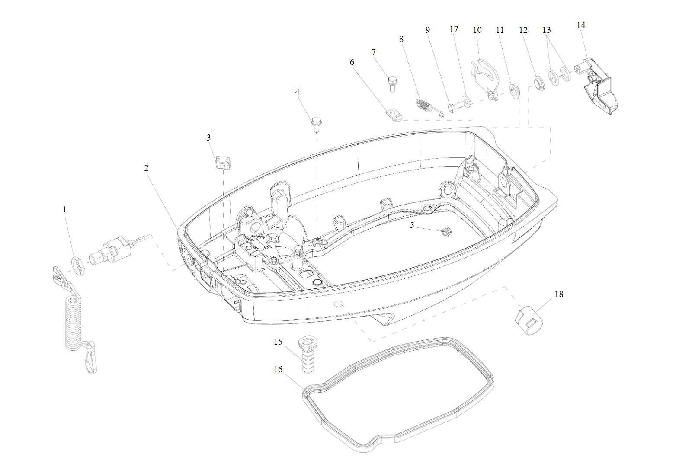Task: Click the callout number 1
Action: click(x=64, y=210)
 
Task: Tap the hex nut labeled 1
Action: click(x=79, y=265)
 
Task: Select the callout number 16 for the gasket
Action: click(x=278, y=369)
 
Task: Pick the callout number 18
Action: click(x=559, y=294)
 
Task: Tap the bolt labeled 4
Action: click(x=316, y=124)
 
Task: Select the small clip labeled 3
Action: click(x=223, y=163)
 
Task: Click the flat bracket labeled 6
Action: click(x=394, y=115)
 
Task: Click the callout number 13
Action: click(x=547, y=30)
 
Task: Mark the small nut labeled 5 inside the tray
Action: click(x=445, y=232)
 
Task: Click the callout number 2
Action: click(x=146, y=168)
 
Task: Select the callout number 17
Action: click(x=454, y=29)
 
